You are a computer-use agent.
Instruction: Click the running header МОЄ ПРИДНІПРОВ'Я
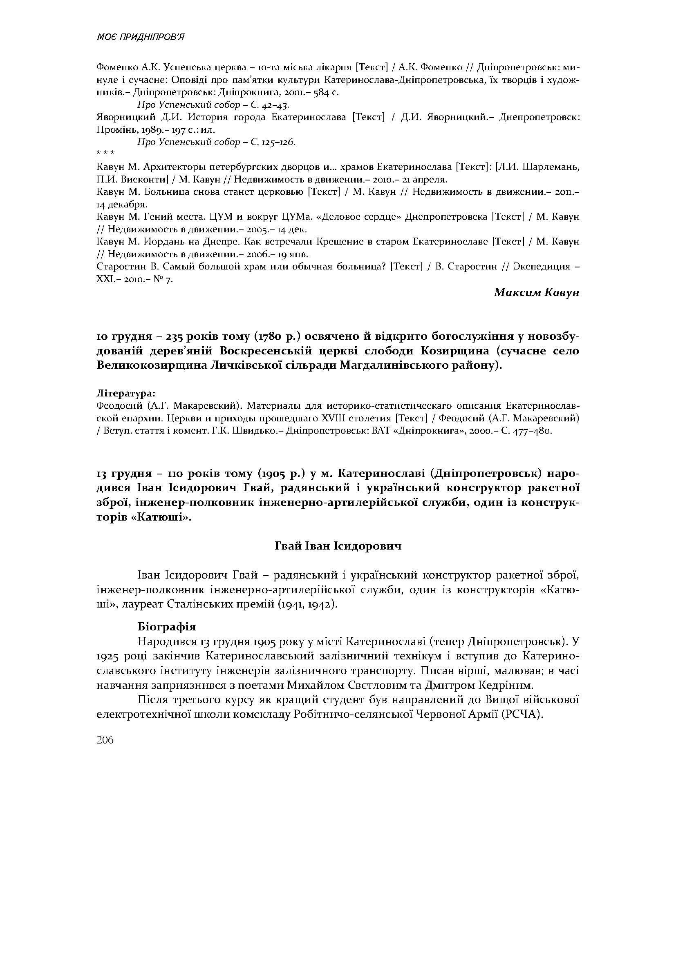140,38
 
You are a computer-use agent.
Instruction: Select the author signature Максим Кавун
537,292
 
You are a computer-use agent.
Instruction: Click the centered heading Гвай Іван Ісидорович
338,546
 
